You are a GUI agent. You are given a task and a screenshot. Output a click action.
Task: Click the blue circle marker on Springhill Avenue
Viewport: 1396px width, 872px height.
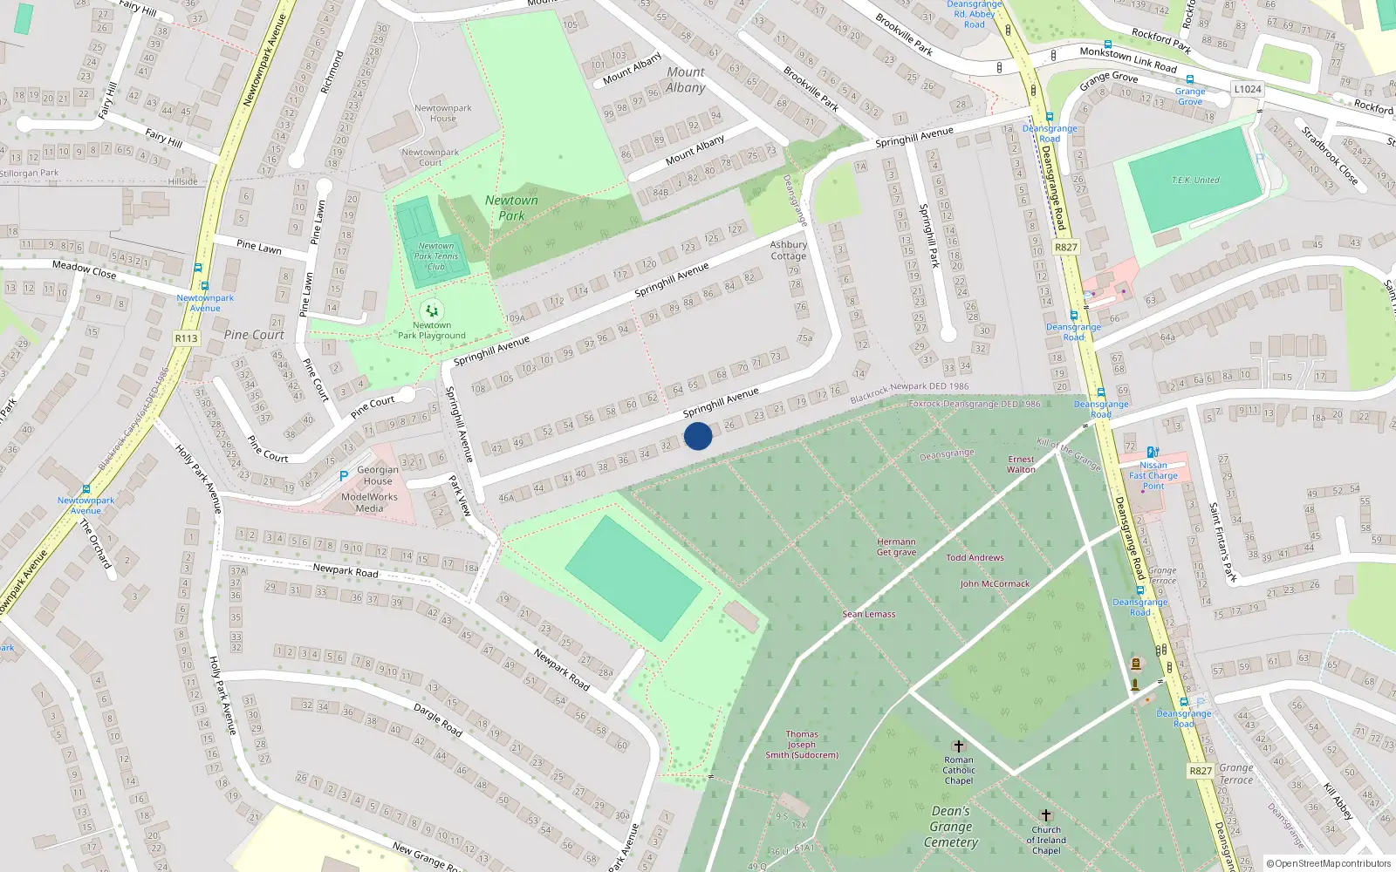coord(698,436)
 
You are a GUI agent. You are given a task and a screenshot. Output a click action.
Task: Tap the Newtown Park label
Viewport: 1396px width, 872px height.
coord(511,208)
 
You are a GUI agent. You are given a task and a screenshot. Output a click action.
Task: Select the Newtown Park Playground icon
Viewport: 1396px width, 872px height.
coord(432,310)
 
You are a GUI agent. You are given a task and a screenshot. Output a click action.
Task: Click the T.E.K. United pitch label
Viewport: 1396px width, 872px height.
coord(1195,180)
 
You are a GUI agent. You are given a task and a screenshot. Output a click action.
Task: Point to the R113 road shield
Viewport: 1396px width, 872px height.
coord(186,338)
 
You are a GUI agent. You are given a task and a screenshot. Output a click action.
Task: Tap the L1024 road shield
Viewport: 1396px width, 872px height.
coord(1248,89)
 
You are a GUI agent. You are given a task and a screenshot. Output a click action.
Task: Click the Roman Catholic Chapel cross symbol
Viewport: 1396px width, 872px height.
coord(958,746)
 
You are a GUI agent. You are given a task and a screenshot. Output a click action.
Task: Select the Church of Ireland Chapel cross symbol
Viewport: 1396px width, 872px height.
coord(1045,815)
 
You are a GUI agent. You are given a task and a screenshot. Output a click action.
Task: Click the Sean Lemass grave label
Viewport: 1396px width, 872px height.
coord(868,614)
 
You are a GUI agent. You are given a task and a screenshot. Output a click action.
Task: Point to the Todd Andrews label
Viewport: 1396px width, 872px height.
coord(975,557)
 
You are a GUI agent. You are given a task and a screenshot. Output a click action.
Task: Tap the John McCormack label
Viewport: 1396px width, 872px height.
coord(995,583)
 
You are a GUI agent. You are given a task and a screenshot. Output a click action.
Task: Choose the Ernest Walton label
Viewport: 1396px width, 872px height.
coord(1021,464)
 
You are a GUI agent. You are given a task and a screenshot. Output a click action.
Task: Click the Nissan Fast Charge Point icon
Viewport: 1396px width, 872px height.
coord(1153,452)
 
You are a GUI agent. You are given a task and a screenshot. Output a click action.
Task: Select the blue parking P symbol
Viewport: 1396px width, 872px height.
coord(344,476)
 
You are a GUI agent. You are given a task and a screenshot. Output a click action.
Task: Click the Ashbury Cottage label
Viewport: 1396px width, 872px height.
coord(788,250)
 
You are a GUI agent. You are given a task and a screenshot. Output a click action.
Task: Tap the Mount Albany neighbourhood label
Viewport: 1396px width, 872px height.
coord(686,79)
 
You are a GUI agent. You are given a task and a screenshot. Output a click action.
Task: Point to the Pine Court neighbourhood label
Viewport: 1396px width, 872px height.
coord(254,335)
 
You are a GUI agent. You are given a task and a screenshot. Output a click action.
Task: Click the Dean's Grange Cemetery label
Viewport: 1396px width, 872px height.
coord(951,827)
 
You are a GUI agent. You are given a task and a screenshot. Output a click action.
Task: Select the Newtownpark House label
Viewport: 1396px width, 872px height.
coord(442,113)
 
